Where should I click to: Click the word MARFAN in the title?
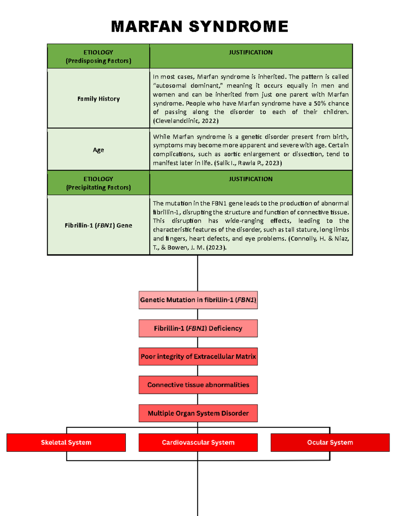point(147,27)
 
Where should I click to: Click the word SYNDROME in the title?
point(238,27)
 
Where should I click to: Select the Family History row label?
point(98,99)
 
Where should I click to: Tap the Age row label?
point(98,150)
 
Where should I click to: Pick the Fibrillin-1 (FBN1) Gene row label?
point(98,225)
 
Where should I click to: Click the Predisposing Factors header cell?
point(98,56)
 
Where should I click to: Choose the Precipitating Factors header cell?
point(98,183)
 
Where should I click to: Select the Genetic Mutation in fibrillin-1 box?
point(198,300)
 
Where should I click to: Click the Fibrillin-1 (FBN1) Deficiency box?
point(198,328)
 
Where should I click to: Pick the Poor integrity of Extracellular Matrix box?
point(198,357)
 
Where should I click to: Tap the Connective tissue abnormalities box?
point(198,385)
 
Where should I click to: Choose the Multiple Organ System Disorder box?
point(198,413)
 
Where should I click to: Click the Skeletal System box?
point(66,443)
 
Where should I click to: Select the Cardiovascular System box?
point(198,443)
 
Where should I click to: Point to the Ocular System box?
point(330,443)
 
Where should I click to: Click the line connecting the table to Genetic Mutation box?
point(198,273)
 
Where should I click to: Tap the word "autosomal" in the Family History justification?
point(171,86)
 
